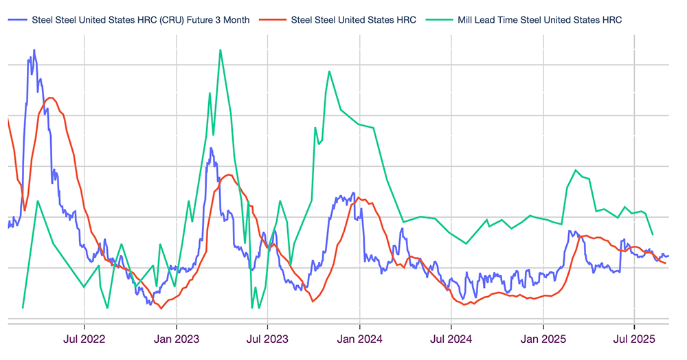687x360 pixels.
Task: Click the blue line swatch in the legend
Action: (x=17, y=20)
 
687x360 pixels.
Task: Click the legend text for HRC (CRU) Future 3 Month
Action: (x=141, y=20)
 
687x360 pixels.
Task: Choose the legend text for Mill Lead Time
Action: (x=539, y=20)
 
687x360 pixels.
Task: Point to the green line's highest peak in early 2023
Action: (x=221, y=49)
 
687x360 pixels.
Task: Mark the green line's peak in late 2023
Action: (x=329, y=71)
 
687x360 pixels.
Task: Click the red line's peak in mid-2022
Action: (x=49, y=98)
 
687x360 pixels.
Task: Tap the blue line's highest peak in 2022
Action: (x=33, y=50)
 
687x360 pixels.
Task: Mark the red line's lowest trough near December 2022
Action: (x=161, y=308)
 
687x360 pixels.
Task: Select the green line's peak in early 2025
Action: (x=576, y=170)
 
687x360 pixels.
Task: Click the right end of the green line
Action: (x=652, y=234)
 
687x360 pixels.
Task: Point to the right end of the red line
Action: (x=665, y=263)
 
